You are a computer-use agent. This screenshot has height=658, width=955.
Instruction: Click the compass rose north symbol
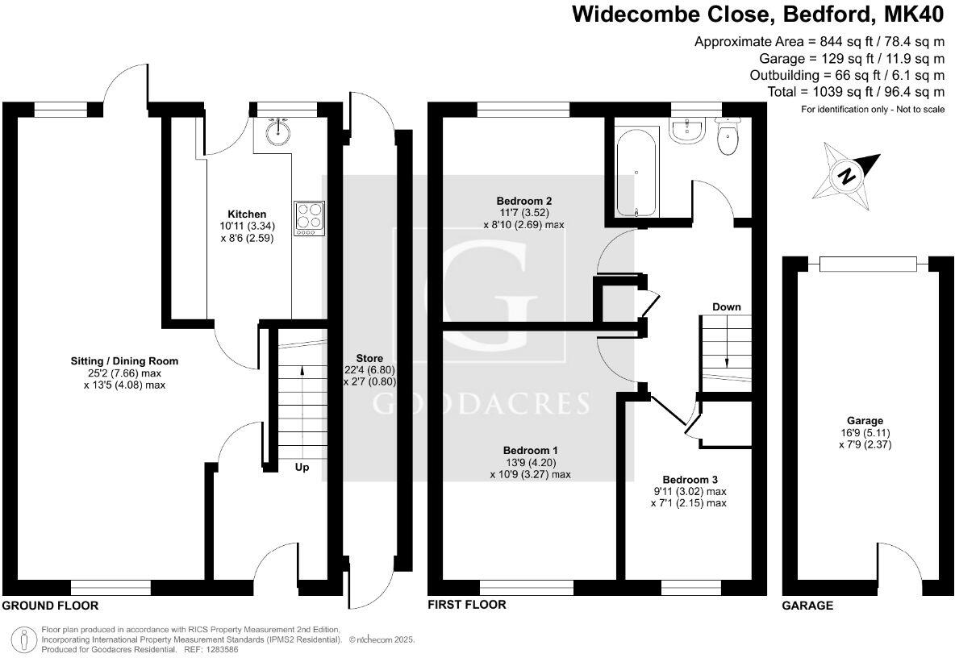[x=844, y=176]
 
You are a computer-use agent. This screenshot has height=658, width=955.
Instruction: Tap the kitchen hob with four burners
[x=310, y=218]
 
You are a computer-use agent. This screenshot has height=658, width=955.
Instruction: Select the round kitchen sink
[x=280, y=131]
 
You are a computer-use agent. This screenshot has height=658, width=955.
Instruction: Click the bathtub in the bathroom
[x=637, y=176]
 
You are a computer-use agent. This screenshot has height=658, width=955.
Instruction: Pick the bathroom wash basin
[x=688, y=131]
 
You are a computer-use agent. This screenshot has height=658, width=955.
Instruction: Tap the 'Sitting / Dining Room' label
[x=124, y=361]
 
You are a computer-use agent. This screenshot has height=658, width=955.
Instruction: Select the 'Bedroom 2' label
[x=523, y=200]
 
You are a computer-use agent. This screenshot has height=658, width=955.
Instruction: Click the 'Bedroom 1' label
[x=530, y=450]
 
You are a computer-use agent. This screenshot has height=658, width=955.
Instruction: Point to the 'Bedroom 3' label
[x=688, y=478]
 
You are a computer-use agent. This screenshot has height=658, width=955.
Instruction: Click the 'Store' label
[x=369, y=358]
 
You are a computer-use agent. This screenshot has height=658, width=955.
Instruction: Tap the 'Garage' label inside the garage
[x=865, y=420]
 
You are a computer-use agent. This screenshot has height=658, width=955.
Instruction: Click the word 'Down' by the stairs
[x=726, y=307]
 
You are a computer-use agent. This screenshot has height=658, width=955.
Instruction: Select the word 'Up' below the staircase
[x=300, y=467]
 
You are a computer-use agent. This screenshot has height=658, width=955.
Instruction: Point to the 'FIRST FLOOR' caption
[x=467, y=605]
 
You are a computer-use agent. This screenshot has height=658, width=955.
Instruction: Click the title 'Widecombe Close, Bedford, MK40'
[x=757, y=15]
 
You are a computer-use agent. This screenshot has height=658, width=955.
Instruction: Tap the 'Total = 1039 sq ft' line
[x=857, y=92]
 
